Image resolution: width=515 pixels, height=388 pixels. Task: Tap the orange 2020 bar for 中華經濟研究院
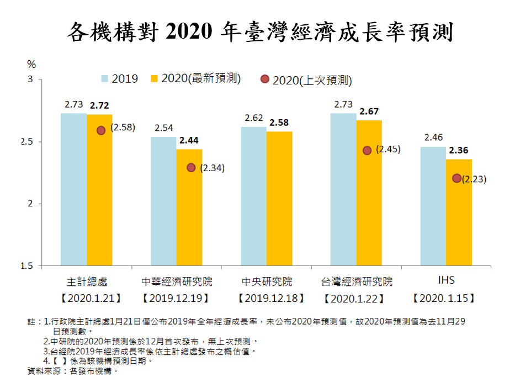coord(189,208)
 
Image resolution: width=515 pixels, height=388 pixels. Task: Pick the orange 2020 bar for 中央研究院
coord(279,199)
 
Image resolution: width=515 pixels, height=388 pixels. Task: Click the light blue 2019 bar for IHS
coord(433,206)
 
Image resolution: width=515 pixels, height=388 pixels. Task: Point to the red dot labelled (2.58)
coord(101,130)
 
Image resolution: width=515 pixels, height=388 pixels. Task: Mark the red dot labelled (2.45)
coord(367,150)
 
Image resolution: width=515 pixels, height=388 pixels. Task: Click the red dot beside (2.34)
coord(191,167)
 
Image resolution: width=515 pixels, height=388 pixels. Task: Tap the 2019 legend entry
coord(119,78)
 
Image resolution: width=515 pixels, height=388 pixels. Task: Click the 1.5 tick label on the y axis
coord(27,266)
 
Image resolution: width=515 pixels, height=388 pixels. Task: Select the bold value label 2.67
coord(369,111)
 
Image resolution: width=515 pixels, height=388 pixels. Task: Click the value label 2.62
coord(253,118)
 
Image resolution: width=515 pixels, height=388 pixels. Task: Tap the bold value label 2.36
coord(459,150)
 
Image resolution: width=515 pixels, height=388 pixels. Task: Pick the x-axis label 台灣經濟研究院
coord(357,281)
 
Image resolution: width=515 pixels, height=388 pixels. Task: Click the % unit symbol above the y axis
coord(31,65)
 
